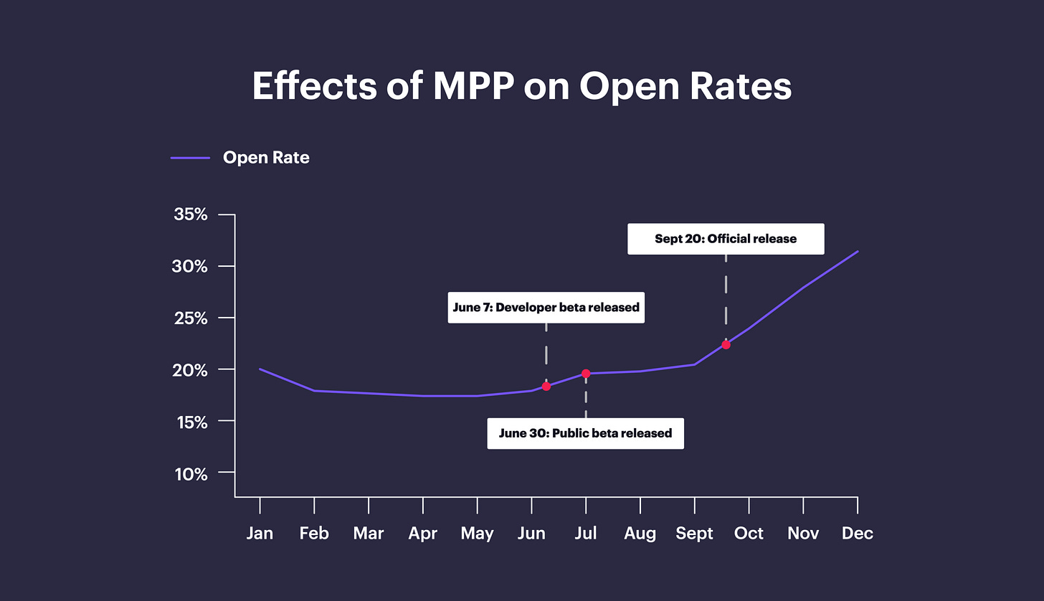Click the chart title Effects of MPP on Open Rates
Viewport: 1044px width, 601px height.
[x=521, y=87]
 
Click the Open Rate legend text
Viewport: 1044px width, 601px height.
[x=266, y=158]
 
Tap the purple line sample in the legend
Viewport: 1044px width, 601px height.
[x=190, y=158]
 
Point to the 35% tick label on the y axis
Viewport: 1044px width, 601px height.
[x=191, y=214]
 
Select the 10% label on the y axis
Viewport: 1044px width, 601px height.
[x=191, y=474]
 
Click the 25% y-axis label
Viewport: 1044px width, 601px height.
[x=191, y=318]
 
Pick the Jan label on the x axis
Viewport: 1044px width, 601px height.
[x=260, y=534]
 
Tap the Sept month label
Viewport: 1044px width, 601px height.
[x=694, y=534]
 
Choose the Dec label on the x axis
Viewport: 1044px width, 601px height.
[x=858, y=534]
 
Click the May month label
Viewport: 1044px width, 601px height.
[x=477, y=534]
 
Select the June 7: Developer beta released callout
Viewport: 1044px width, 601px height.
[x=546, y=308]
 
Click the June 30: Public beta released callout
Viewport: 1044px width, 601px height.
[x=585, y=433]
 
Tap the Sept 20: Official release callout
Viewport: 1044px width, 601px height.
[x=726, y=239]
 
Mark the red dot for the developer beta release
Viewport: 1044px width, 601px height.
[x=546, y=387]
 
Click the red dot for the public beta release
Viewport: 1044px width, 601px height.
[x=586, y=374]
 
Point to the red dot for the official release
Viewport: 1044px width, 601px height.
[x=726, y=345]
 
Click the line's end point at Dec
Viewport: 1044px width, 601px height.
[x=858, y=252]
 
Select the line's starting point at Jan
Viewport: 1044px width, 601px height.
[x=260, y=369]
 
